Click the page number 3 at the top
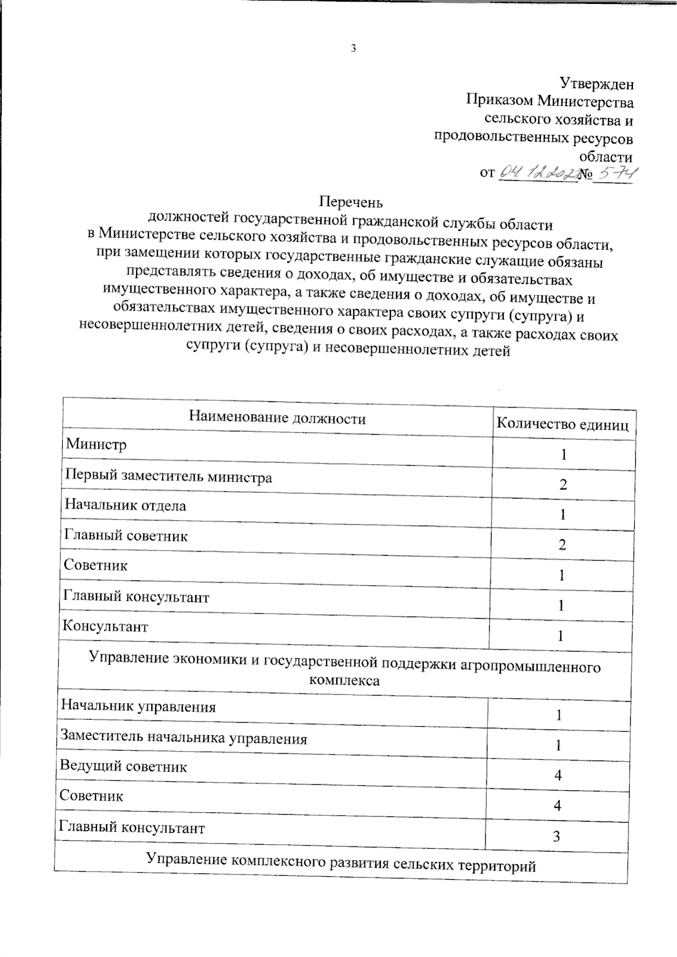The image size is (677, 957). pos(353,49)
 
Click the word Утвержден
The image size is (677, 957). pos(596,84)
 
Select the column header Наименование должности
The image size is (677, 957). pos(277,418)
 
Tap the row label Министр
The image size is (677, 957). pos(96,444)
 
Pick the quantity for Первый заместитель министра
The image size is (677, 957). pos(563,485)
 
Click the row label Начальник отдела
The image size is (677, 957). pos(125,505)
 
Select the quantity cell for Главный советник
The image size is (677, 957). pos(562,545)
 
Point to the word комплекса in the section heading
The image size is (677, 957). pos(344,681)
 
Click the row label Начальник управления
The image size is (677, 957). pos(138,707)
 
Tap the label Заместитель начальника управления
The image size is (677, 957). pos(183,738)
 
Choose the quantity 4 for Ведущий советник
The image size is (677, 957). pos(558,776)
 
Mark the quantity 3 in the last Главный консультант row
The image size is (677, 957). pos(557,837)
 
